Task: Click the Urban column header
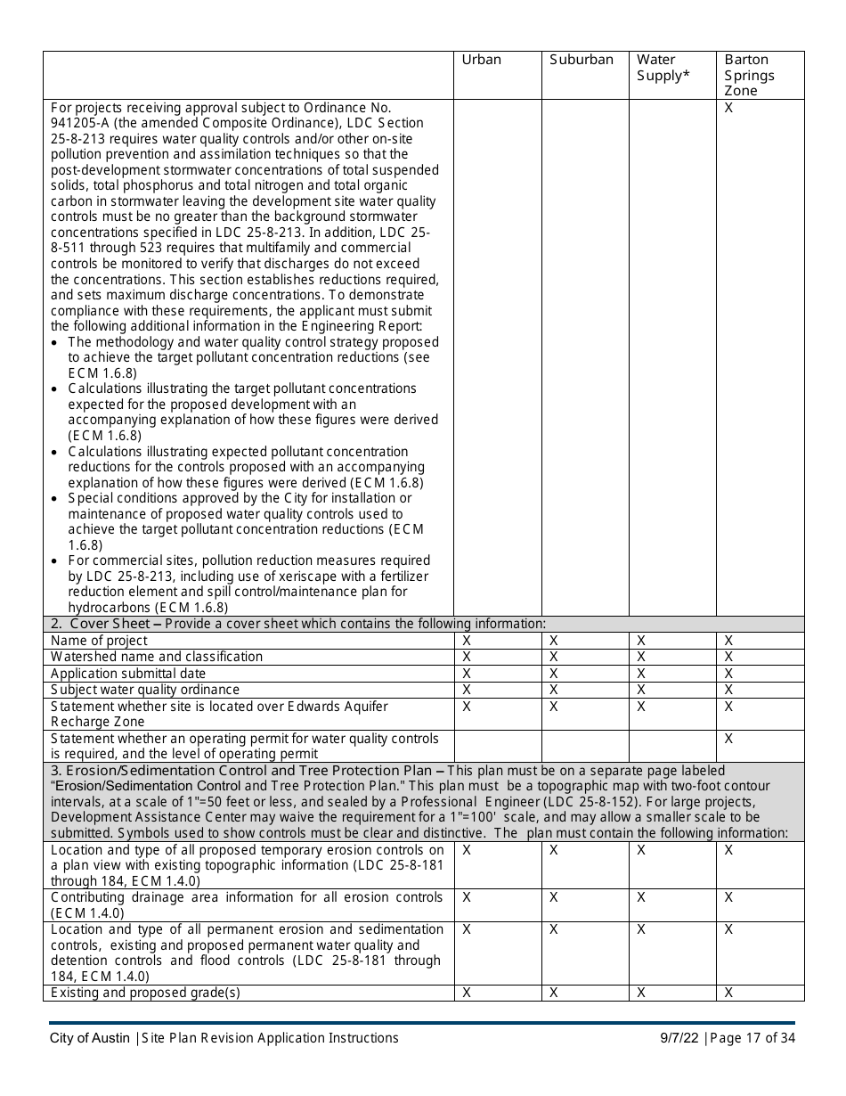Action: click(x=482, y=60)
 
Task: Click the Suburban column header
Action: click(x=582, y=60)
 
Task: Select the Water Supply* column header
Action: click(x=663, y=68)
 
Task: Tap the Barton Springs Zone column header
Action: click(x=749, y=75)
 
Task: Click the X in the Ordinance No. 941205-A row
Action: click(x=728, y=107)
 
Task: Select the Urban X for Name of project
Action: click(x=467, y=641)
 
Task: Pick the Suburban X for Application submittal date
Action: click(x=553, y=673)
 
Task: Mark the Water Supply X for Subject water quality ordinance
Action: click(x=641, y=689)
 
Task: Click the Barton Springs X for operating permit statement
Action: click(x=728, y=738)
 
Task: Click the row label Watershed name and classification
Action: click(x=157, y=657)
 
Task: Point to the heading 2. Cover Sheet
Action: click(x=106, y=624)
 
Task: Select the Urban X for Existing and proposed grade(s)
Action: click(x=467, y=993)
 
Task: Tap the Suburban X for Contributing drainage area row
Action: click(x=553, y=897)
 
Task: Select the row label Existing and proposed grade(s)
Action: click(x=145, y=993)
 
